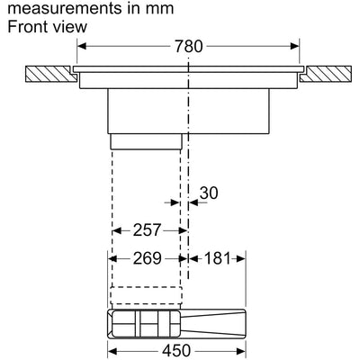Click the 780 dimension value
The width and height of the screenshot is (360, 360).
click(189, 46)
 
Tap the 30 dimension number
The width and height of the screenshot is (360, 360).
click(209, 193)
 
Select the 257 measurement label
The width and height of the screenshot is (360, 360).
click(147, 230)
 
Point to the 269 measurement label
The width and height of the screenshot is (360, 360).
click(147, 258)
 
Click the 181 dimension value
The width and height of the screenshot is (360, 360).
click(218, 258)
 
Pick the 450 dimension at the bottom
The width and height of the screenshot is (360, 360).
click(176, 351)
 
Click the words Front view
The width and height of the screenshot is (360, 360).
click(48, 26)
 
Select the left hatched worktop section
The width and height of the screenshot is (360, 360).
click(51, 74)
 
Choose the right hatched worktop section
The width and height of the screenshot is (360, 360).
click(326, 74)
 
